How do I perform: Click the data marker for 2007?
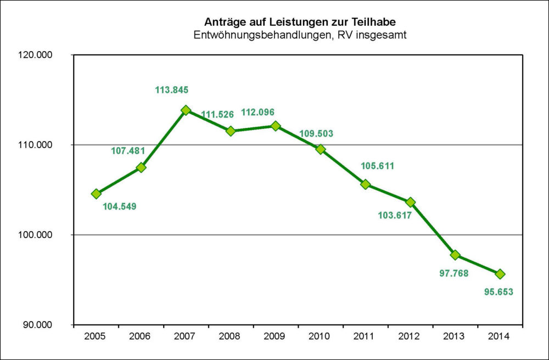point(186,110)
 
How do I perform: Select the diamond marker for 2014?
point(500,274)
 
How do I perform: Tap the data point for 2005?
point(96,194)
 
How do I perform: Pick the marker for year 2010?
point(321,149)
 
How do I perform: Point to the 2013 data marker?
point(455,255)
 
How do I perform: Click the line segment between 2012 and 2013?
point(433,229)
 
